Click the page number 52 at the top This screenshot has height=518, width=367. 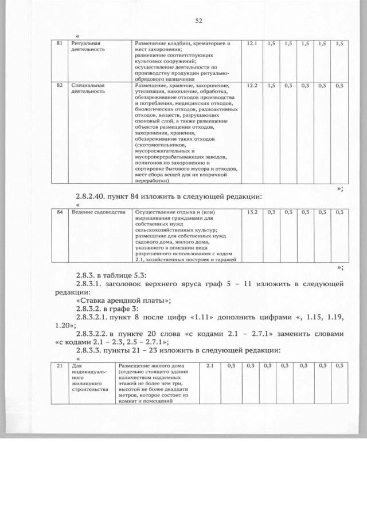click(199, 21)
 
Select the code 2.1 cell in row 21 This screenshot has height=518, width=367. click(209, 365)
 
